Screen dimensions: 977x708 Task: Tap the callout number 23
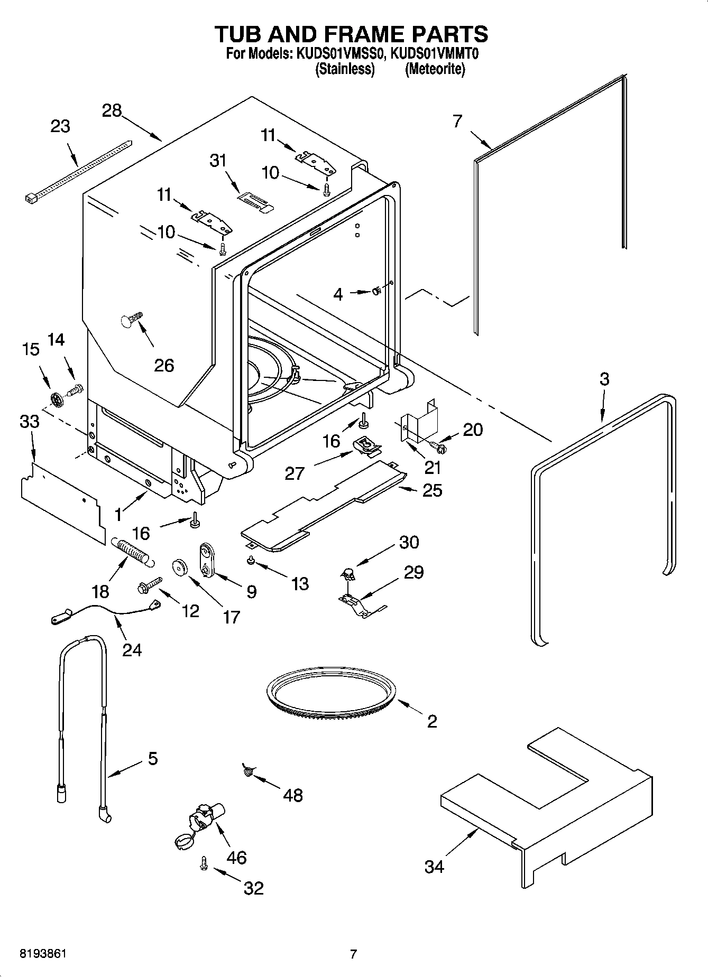click(60, 127)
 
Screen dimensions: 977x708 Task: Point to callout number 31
click(218, 161)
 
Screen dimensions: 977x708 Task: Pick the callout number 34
click(434, 866)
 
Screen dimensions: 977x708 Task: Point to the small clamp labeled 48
click(247, 771)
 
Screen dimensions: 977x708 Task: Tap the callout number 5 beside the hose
click(152, 759)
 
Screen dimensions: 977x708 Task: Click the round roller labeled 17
click(180, 567)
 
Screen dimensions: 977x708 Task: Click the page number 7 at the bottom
click(353, 954)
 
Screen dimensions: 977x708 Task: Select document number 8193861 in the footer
click(43, 954)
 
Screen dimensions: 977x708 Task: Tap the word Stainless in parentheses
click(345, 69)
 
